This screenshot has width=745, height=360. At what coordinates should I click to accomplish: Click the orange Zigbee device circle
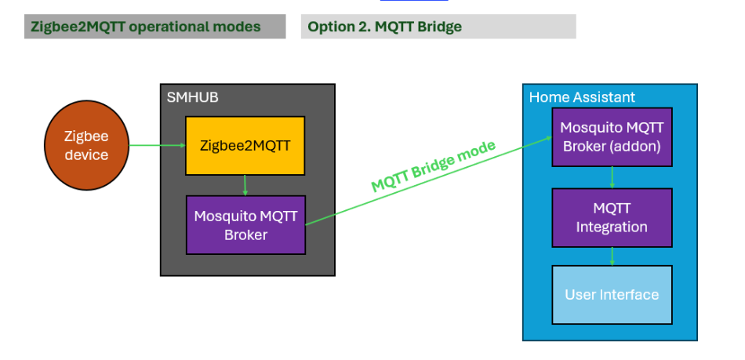point(86,145)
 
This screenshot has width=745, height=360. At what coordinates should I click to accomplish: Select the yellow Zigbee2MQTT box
point(245,145)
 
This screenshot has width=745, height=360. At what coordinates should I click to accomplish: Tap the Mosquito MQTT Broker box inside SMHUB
point(245,225)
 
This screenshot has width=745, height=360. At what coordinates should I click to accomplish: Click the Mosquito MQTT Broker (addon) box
point(612,137)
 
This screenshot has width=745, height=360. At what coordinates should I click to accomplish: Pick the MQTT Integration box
point(612,217)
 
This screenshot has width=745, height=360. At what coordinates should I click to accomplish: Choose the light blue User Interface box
point(612,295)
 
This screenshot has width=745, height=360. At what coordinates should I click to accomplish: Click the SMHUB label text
point(192,97)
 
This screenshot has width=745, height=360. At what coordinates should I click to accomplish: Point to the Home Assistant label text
point(582,97)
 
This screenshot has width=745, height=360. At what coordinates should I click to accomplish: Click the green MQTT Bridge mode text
point(433,166)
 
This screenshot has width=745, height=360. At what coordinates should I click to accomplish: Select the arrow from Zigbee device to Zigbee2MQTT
point(157,145)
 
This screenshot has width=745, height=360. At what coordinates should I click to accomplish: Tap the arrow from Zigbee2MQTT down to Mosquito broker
point(245,185)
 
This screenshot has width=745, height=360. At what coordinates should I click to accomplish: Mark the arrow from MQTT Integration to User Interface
point(612,256)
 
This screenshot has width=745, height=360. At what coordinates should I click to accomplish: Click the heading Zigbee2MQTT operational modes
point(145,27)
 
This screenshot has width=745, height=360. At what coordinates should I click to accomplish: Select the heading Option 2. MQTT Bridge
point(384,27)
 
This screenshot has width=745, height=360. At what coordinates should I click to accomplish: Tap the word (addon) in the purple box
point(635,147)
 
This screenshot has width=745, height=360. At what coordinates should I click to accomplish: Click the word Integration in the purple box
point(612,227)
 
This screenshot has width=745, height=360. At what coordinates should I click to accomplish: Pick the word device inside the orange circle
point(86,155)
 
